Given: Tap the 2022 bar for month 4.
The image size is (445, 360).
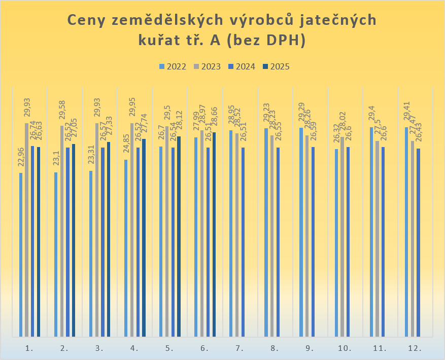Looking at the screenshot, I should [x=126, y=248].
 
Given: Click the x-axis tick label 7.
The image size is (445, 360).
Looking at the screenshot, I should [x=239, y=348].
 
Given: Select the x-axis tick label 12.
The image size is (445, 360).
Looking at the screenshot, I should [x=415, y=348].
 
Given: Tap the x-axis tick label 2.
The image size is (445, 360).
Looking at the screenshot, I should [x=64, y=348].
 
